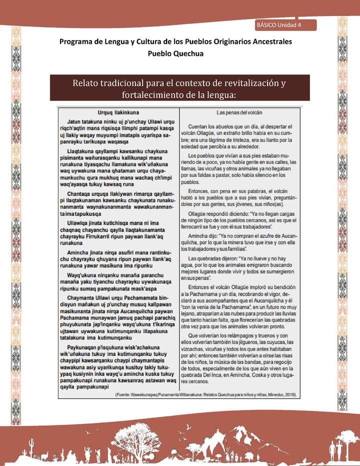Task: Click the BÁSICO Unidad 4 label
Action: click(x=278, y=25)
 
